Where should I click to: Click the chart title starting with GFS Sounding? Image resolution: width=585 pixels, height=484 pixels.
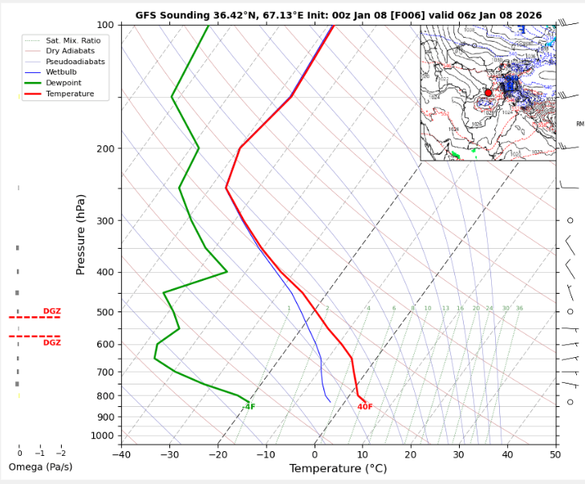point(338,15)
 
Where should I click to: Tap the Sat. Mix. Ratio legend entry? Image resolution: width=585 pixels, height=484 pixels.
point(73,40)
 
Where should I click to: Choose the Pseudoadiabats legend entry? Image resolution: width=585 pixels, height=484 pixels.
point(75,62)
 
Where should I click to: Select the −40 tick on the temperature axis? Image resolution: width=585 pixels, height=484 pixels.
point(121,453)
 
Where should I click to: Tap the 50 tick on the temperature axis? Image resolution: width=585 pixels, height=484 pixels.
point(555,453)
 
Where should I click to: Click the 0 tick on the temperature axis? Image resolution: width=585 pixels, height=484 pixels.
point(315,453)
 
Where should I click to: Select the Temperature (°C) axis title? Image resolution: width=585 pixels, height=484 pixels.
point(338,469)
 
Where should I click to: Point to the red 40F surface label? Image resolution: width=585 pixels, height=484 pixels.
point(365,407)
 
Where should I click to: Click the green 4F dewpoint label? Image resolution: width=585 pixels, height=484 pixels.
point(250,407)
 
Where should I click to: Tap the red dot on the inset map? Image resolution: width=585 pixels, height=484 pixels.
point(488,92)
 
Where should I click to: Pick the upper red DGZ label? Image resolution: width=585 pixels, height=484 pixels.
point(52,311)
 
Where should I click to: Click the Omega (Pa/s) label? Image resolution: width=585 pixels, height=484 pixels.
point(40,467)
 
